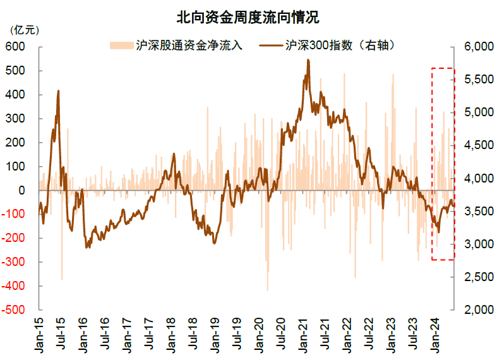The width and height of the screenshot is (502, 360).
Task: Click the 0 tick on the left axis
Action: (21, 190)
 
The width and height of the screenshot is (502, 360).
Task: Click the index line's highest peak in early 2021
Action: (308, 60)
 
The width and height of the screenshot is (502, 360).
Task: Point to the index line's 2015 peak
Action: (58, 91)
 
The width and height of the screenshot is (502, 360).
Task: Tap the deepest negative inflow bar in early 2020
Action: (267, 290)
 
